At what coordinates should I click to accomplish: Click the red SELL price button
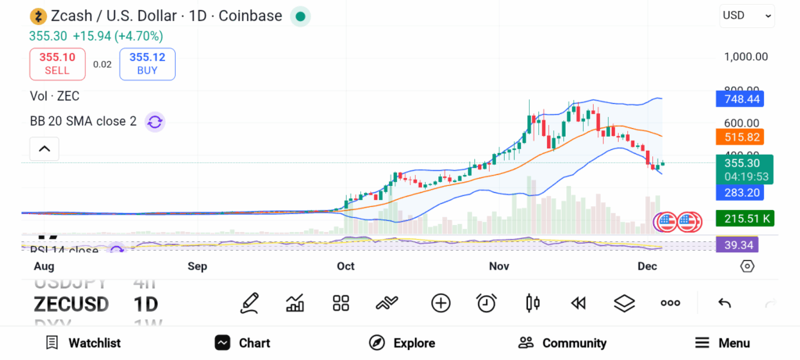(x=57, y=64)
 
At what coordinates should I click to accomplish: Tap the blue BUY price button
(x=147, y=64)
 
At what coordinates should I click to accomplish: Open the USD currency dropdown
(x=746, y=15)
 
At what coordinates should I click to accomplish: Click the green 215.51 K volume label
(x=745, y=219)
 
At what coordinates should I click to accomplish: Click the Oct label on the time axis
(x=345, y=266)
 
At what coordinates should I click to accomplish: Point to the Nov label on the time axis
(x=498, y=266)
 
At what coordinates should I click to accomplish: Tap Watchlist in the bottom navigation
(x=83, y=343)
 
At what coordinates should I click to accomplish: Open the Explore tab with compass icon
(x=402, y=343)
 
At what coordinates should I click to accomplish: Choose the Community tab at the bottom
(x=562, y=343)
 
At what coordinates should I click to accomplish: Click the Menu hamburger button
(x=723, y=343)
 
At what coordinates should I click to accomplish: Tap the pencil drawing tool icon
(x=250, y=303)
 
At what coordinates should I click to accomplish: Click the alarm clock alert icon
(x=487, y=303)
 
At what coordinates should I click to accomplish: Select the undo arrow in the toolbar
(x=724, y=303)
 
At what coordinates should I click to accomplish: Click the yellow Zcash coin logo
(x=37, y=16)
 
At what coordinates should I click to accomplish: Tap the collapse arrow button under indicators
(x=44, y=148)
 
